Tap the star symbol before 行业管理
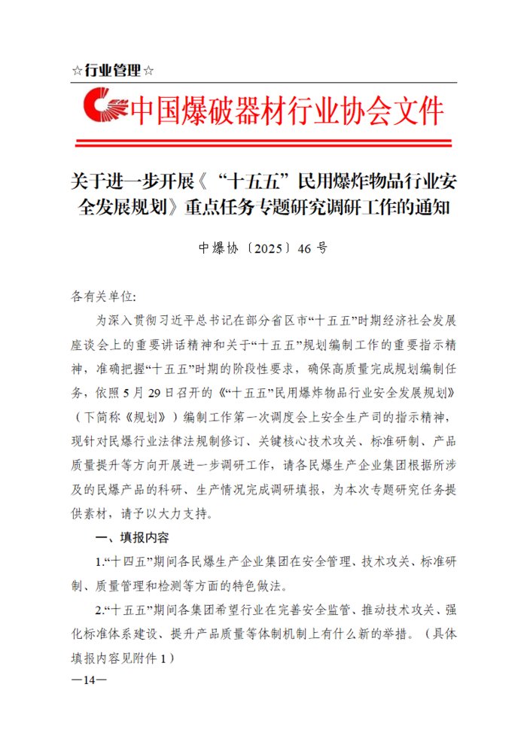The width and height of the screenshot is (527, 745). coord(78,71)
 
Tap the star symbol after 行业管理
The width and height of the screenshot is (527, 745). coord(148,71)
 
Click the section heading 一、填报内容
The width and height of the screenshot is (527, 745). coord(131,538)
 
